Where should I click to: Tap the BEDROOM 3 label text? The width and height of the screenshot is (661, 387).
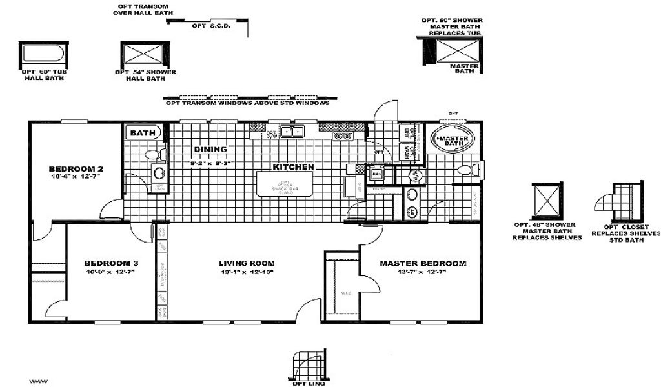click(x=110, y=263)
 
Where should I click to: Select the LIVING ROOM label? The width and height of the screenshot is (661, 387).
click(x=247, y=263)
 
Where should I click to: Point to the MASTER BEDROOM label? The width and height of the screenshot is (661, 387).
click(x=423, y=263)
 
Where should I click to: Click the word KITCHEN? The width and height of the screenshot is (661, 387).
click(x=293, y=167)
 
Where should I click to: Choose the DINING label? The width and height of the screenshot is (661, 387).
click(x=210, y=150)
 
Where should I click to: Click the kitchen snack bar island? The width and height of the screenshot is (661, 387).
click(x=285, y=183)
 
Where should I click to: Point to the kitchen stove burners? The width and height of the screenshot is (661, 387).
click(x=341, y=136)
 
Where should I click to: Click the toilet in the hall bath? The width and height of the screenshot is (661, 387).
click(x=153, y=155)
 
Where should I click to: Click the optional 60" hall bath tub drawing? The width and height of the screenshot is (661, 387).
click(x=41, y=54)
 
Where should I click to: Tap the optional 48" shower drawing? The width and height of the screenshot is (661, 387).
click(x=547, y=202)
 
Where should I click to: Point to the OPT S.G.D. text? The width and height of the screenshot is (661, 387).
click(x=207, y=26)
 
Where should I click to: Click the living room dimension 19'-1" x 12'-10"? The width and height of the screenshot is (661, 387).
click(x=247, y=272)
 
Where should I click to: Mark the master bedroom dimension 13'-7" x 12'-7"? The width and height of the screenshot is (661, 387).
click(x=423, y=272)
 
